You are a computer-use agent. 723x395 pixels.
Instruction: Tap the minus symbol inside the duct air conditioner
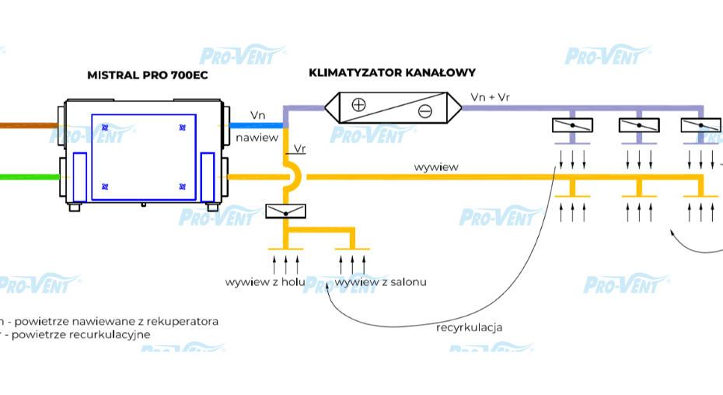[424, 111]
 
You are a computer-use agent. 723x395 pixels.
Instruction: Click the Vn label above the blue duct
[257, 115]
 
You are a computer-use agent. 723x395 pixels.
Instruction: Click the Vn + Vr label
[491, 96]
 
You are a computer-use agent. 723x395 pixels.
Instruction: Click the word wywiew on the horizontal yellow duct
[435, 166]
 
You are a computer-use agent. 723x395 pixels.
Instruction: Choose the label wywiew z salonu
[381, 281]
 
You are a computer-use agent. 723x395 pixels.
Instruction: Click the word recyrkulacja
[469, 327]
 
